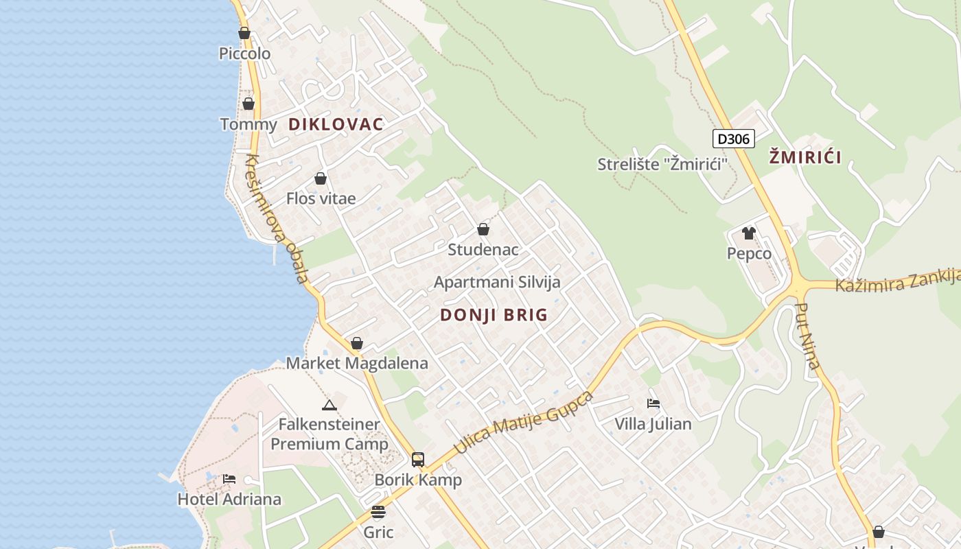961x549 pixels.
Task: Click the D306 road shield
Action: [x=734, y=139]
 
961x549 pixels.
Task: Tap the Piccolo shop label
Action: [x=244, y=54]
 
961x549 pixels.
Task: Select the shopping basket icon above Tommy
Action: [x=248, y=104]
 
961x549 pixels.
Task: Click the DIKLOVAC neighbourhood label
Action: [x=336, y=124]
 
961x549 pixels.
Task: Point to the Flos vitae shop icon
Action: [x=321, y=178]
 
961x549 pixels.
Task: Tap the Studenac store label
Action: [x=483, y=250]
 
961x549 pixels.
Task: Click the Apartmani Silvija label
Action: [x=497, y=282]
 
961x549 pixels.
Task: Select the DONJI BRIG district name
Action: [x=494, y=315]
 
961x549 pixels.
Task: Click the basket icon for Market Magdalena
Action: [x=357, y=343]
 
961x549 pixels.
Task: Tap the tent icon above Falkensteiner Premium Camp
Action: [x=329, y=405]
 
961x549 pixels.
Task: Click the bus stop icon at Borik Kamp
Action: [x=418, y=459]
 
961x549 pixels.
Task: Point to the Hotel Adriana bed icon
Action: [x=229, y=478]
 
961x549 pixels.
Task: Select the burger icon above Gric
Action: [x=378, y=511]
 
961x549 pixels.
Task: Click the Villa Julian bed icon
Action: [x=653, y=404]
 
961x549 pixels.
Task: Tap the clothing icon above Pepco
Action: [x=749, y=233]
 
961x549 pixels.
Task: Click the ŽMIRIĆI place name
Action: [x=805, y=158]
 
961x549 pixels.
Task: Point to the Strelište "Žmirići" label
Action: [x=662, y=164]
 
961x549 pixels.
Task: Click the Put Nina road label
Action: [x=808, y=336]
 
